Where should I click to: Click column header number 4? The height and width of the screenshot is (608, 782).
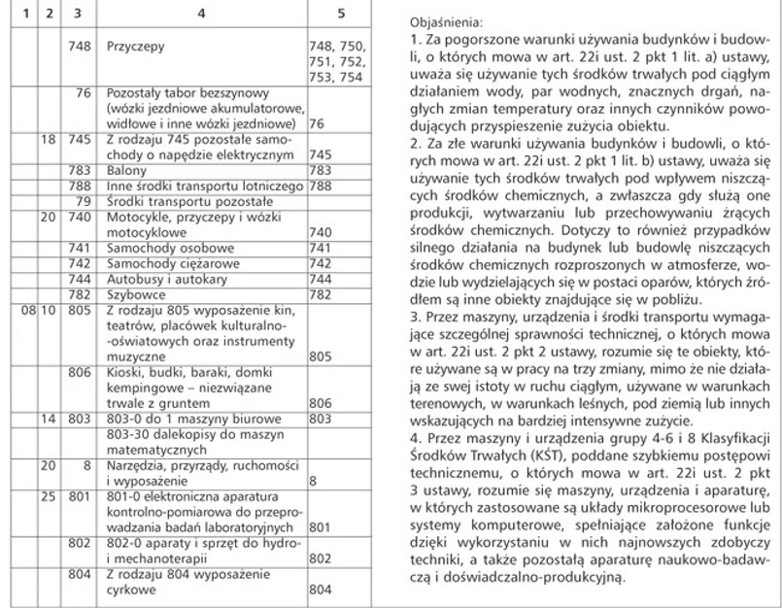coord(201,15)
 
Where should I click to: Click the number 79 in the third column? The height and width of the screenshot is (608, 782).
coord(83,200)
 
